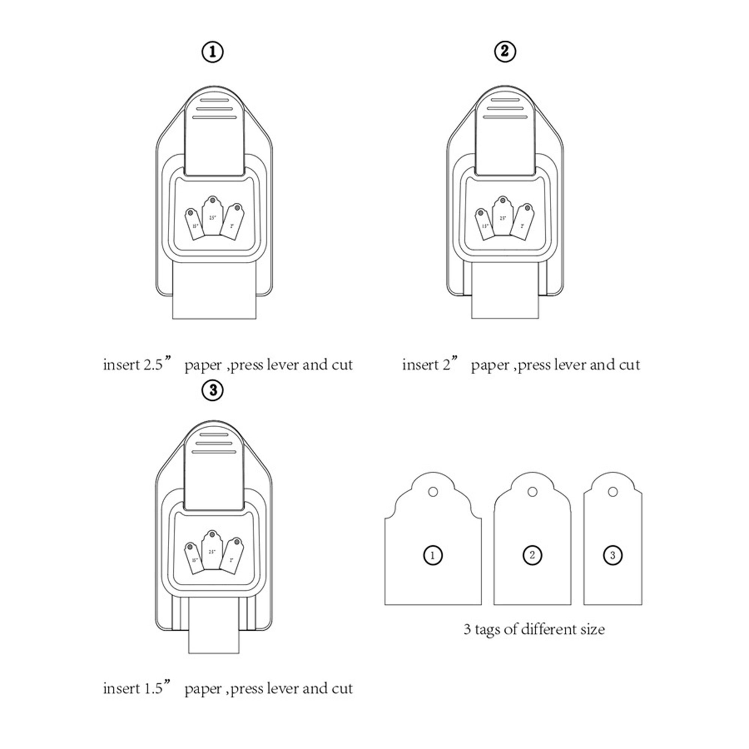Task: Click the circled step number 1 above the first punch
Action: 212,52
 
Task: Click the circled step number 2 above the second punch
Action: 505,51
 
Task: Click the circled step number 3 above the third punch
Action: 213,389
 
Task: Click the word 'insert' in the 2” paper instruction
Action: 420,365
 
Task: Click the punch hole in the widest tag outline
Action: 433,492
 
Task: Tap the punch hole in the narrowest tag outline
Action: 613,492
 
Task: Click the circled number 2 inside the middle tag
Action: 532,555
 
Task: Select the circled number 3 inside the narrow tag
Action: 613,555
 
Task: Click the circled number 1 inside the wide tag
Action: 433,555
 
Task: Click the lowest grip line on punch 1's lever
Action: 214,117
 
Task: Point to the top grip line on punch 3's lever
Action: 214,434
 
